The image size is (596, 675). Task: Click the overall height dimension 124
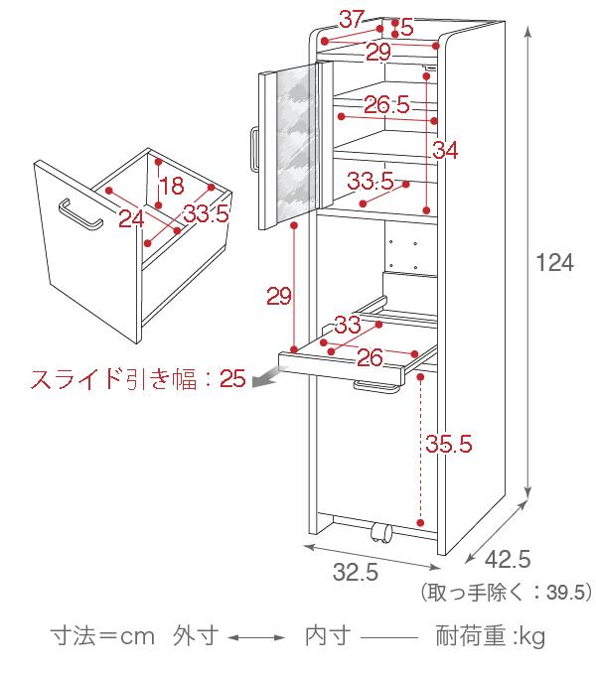click(x=554, y=263)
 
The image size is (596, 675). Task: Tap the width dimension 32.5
click(x=356, y=572)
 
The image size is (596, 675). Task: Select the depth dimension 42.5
click(x=508, y=559)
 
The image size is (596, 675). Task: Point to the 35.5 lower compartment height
click(x=449, y=444)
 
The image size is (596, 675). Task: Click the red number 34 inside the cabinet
click(x=445, y=150)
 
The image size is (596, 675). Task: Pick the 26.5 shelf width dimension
click(x=386, y=104)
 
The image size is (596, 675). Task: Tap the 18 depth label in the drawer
click(x=172, y=186)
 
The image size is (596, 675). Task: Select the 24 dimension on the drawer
click(x=131, y=218)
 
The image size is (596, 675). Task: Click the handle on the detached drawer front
click(x=80, y=214)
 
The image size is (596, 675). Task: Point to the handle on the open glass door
click(x=254, y=149)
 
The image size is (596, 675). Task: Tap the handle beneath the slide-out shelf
click(x=376, y=386)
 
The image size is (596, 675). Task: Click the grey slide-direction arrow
click(x=267, y=377)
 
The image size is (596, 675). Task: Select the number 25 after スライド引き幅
click(x=232, y=379)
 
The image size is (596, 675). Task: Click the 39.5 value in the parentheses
click(x=566, y=593)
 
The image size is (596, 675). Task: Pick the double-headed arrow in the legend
click(x=256, y=637)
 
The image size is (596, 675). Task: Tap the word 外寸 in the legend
click(x=196, y=636)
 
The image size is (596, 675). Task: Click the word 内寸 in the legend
click(x=328, y=636)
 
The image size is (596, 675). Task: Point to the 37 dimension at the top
click(x=352, y=19)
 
